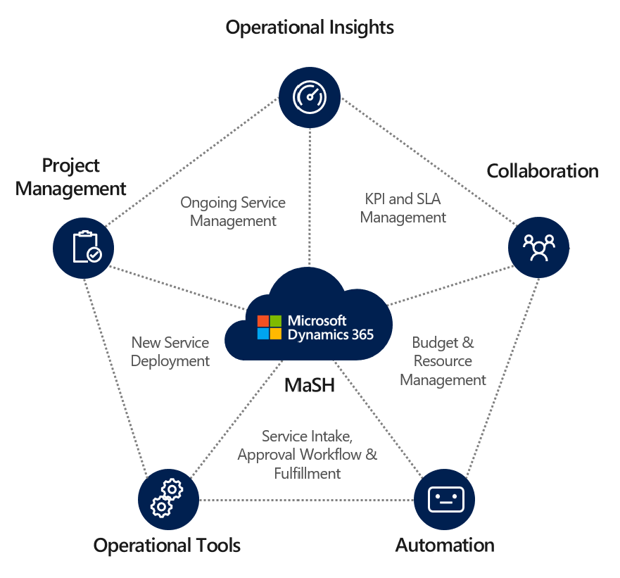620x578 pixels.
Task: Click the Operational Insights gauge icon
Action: [310, 96]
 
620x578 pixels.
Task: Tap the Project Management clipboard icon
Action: [84, 247]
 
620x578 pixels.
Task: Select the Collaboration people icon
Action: [538, 247]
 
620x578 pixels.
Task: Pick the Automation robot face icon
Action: [445, 499]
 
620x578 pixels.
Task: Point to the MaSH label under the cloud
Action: [309, 385]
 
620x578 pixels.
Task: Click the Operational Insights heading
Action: [310, 27]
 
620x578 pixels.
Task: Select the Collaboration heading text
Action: [543, 171]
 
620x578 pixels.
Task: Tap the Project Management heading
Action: [70, 177]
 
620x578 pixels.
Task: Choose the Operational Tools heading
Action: [167, 546]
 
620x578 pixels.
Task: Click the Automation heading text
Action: [445, 546]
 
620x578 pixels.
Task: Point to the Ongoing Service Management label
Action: [233, 212]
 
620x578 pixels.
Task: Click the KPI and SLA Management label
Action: [403, 208]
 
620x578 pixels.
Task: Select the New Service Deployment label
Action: [170, 352]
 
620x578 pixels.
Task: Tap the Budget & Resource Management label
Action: [443, 361]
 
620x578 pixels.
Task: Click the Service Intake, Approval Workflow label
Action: [308, 455]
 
